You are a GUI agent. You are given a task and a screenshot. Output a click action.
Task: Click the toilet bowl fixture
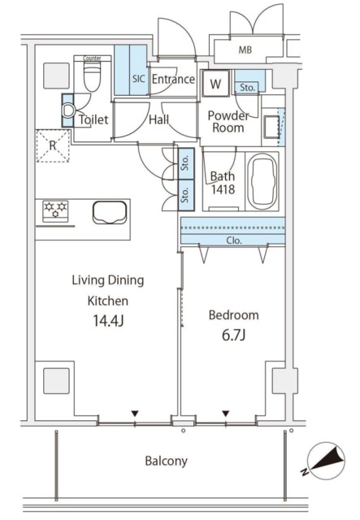pos(92,77)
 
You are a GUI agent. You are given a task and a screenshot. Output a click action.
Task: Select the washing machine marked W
pos(215,83)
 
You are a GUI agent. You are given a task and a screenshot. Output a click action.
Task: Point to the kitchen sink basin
pos(110,213)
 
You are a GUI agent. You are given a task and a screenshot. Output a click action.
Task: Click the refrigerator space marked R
pos(53,145)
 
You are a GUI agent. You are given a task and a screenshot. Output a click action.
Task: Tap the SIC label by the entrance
pos(139,79)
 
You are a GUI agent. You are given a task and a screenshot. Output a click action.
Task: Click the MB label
pos(245,50)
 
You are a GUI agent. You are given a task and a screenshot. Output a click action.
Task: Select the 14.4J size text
pos(108,321)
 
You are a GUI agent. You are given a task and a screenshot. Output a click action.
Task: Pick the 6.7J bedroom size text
pos(233,336)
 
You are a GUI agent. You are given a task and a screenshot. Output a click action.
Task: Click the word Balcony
pos(167,461)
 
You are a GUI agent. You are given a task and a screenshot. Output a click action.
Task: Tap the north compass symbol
pos(325,461)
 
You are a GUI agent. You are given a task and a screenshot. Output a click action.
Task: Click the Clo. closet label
pos(234,240)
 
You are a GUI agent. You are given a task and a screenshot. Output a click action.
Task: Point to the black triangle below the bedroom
pos(226,414)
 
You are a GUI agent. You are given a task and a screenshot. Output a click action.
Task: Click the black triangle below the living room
pos(134,414)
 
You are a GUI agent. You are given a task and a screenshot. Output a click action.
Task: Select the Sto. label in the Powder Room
pos(248,88)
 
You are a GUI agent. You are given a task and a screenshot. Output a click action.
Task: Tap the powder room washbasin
pos(271,127)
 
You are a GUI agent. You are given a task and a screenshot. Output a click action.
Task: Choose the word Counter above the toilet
pos(92,58)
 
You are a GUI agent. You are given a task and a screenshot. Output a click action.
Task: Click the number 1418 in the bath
pos(223,189)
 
